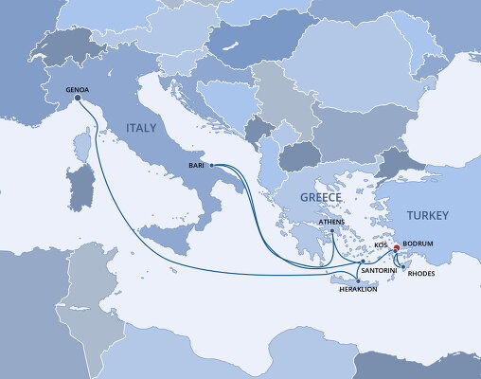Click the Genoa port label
(x=78, y=91)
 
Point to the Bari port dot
(x=211, y=166)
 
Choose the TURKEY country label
(x=428, y=216)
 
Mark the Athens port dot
(x=332, y=233)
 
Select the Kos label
(x=382, y=244)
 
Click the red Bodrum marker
(x=396, y=249)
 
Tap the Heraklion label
(x=358, y=289)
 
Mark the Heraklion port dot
(x=357, y=280)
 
